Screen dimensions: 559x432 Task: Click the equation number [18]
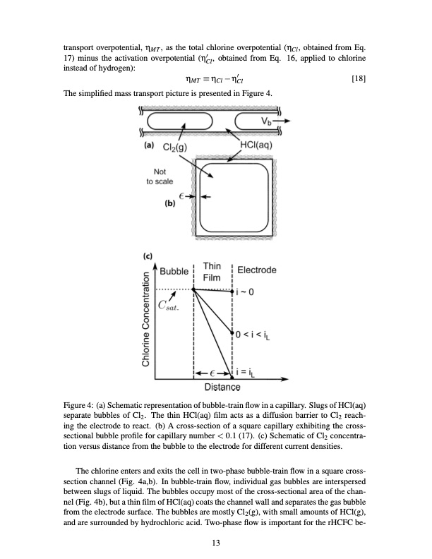tap(358, 79)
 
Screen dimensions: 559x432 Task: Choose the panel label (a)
tap(148, 146)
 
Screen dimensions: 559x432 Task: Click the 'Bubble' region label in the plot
tap(174, 271)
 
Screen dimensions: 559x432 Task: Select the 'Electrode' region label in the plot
tap(257, 270)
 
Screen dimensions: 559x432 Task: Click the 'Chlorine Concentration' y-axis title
tap(147, 321)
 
